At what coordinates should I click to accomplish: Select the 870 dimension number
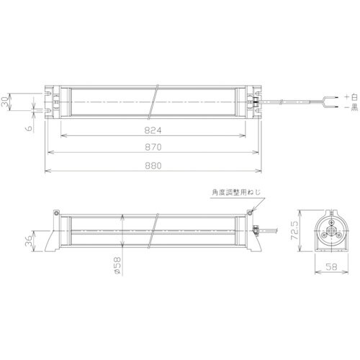pos(151,146)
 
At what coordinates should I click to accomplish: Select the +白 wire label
pos(349,95)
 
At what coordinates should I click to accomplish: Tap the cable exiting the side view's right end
pos(274,232)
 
